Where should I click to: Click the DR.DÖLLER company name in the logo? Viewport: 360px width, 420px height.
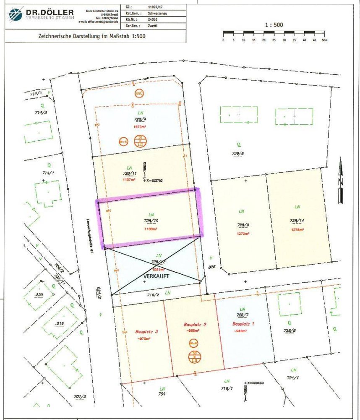[x=50, y=13]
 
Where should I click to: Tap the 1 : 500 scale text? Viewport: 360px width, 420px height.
[x=274, y=25]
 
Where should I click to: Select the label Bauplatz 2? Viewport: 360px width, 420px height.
[x=193, y=325]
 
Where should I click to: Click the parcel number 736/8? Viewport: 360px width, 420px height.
[x=237, y=153]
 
